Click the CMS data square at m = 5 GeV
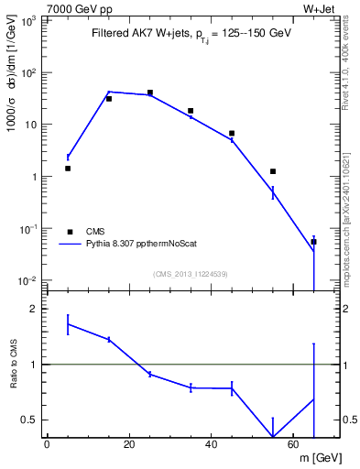click(68, 169)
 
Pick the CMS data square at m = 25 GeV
click(149, 93)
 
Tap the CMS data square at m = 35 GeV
click(191, 111)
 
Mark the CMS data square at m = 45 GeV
click(232, 133)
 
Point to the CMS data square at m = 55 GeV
click(273, 171)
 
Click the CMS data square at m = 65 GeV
click(313, 242)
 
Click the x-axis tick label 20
click(129, 445)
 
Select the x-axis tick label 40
click(212, 445)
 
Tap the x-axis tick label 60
click(293, 445)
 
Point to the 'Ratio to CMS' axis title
click(12, 363)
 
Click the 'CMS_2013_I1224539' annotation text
click(191, 274)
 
